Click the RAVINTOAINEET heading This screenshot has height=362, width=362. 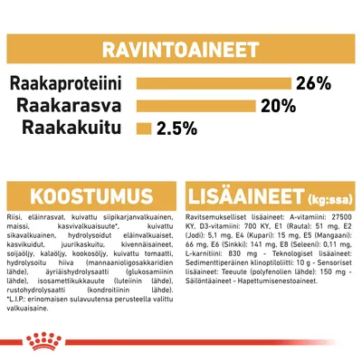click(181, 48)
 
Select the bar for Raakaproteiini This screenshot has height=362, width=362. click(213, 84)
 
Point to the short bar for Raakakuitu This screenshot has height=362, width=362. click(143, 126)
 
